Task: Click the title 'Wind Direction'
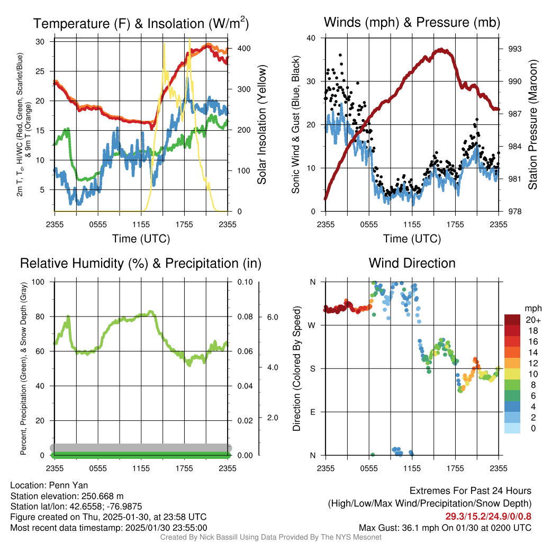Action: coord(412,263)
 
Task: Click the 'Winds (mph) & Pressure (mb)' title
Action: coord(412,23)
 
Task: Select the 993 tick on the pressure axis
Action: coord(514,49)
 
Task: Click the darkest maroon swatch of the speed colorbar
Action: coord(513,320)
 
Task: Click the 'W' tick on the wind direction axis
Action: coord(312,325)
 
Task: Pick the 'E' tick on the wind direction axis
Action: coord(312,412)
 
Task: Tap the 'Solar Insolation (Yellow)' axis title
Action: coord(261,125)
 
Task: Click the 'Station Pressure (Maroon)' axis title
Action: coord(532,125)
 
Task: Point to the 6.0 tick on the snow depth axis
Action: coord(272,317)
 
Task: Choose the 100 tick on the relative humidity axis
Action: coord(39,282)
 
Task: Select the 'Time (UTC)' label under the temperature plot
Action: coord(141,239)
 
